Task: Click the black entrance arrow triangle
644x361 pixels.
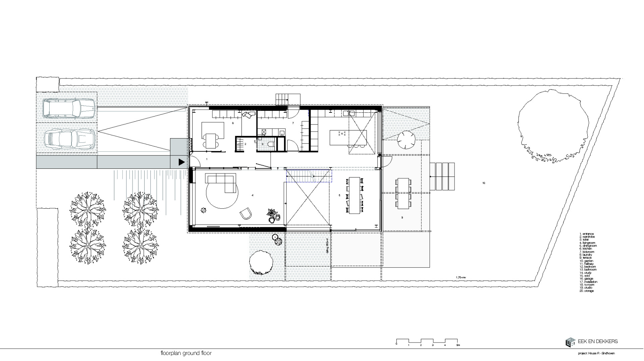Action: [x=181, y=162]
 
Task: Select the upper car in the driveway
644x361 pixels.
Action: [x=70, y=108]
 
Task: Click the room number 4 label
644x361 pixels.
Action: [x=252, y=195]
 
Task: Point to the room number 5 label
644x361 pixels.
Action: [x=339, y=195]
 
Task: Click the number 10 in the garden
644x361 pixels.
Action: [x=483, y=183]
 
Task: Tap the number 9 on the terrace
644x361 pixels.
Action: [x=402, y=218]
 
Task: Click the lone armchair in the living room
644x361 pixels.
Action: [x=246, y=213]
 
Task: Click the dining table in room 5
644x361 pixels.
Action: [x=354, y=195]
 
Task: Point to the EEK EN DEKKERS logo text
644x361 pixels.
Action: [x=597, y=342]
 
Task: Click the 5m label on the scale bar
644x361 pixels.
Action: [x=458, y=345]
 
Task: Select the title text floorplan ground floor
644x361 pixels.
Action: [x=186, y=353]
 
